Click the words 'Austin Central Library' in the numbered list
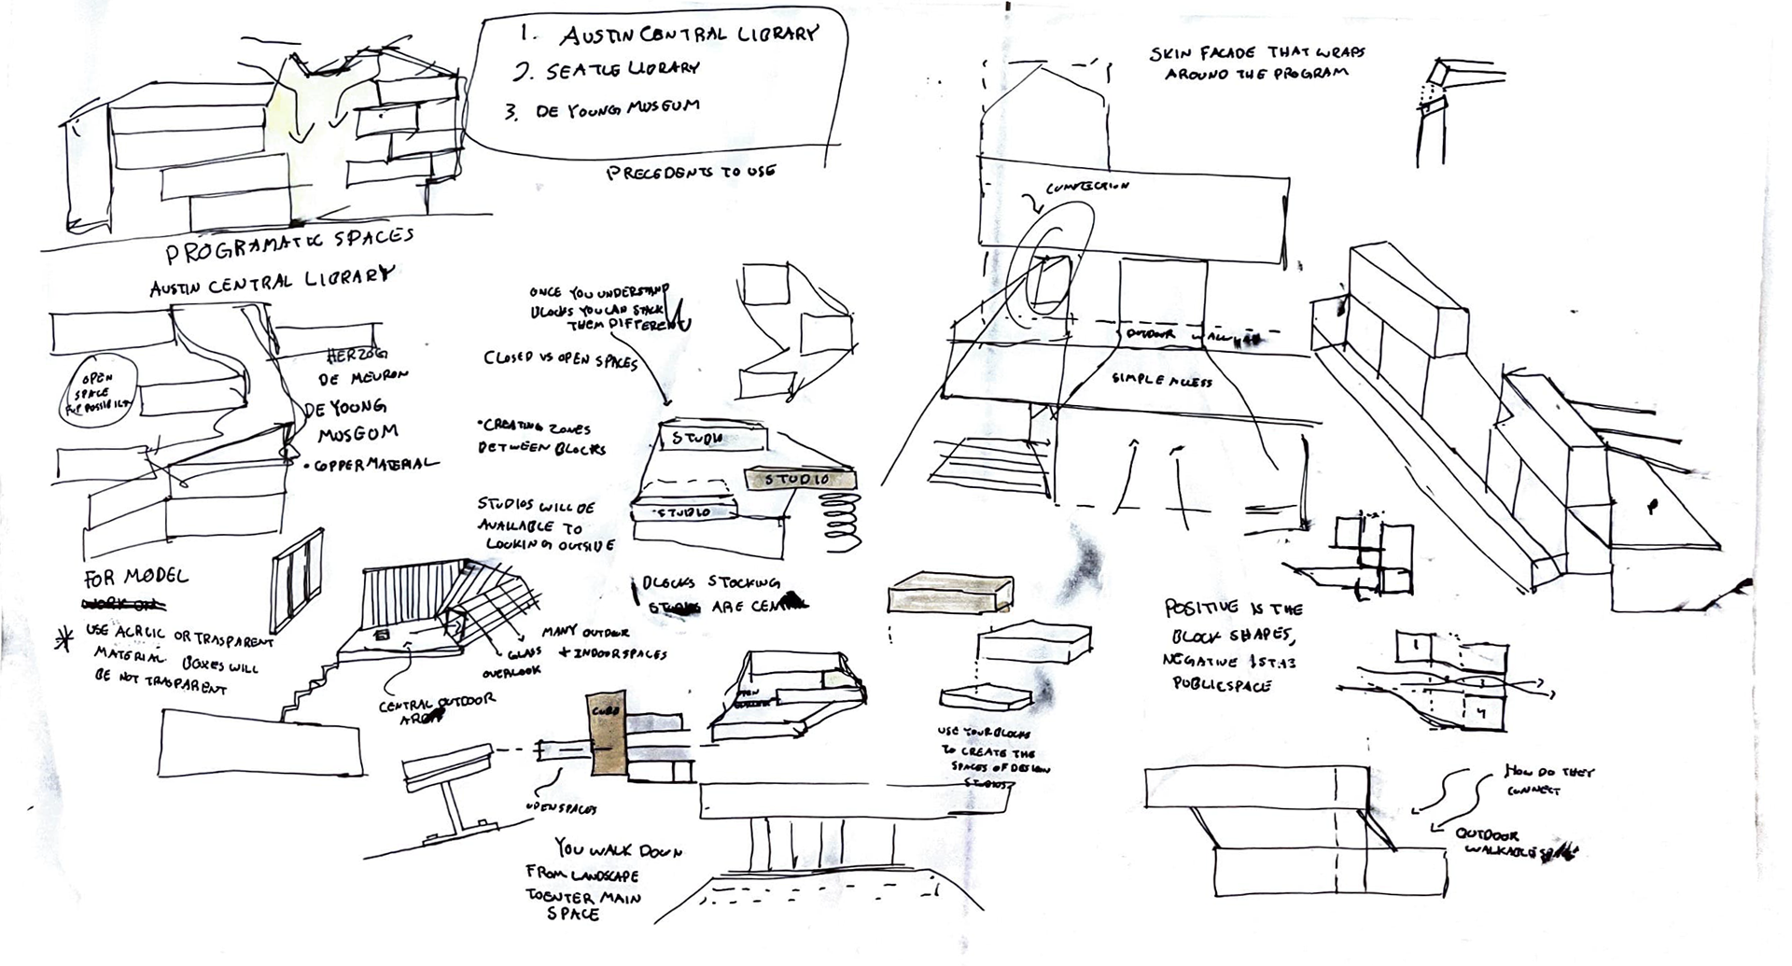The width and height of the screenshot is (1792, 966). click(x=688, y=35)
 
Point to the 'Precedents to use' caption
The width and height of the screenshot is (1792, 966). click(x=690, y=172)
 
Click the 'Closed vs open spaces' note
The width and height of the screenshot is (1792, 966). click(x=560, y=359)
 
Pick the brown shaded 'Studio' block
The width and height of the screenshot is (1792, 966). click(x=799, y=479)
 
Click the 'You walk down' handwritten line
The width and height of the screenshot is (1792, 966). click(x=618, y=849)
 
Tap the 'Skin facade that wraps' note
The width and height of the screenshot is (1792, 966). click(x=1256, y=54)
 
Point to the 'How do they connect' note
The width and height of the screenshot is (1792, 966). click(x=1548, y=779)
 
